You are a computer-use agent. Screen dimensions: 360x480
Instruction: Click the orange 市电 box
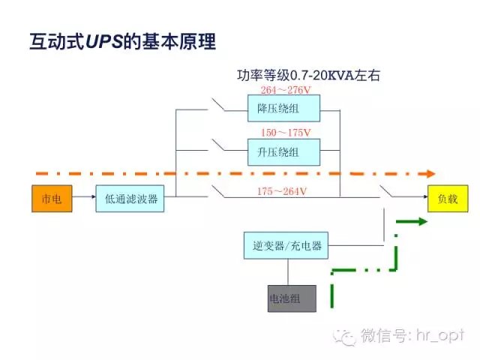(52, 199)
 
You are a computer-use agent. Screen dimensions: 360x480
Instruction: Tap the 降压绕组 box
(283, 108)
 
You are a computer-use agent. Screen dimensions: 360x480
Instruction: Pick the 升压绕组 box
(283, 152)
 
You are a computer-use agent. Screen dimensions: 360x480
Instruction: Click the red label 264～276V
(285, 91)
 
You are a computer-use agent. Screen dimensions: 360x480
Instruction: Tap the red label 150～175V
(285, 133)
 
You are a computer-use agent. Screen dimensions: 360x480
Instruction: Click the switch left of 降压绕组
(223, 105)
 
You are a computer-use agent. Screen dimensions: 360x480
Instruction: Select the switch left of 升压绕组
(223, 147)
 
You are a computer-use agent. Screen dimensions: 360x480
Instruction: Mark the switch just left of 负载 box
(387, 193)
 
